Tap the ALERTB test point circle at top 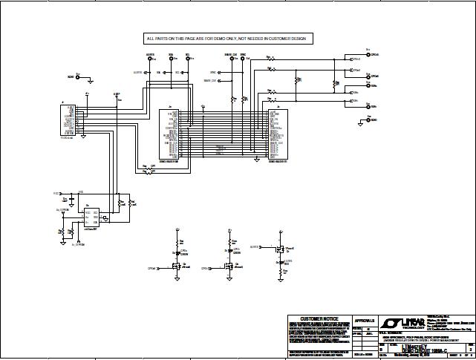(x=151, y=59)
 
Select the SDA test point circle (x=172, y=59)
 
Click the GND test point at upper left (x=79, y=76)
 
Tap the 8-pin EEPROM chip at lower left (x=92, y=216)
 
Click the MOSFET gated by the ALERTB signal (x=281, y=251)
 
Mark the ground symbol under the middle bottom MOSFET (x=231, y=280)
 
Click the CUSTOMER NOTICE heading (x=319, y=319)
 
